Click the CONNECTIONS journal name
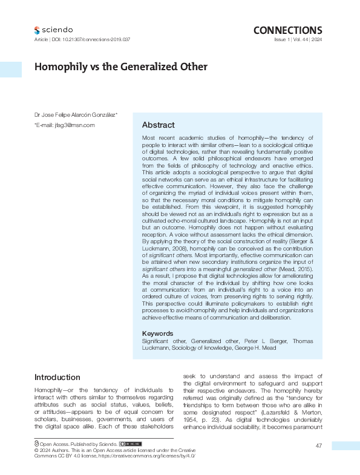pyautogui.click(x=287, y=30)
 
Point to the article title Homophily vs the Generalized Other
pyautogui.click(x=120, y=67)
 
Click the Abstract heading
pyautogui.click(x=158, y=125)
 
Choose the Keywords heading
pyautogui.click(x=157, y=333)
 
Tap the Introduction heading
pyautogui.click(x=57, y=377)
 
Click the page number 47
pyautogui.click(x=318, y=446)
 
